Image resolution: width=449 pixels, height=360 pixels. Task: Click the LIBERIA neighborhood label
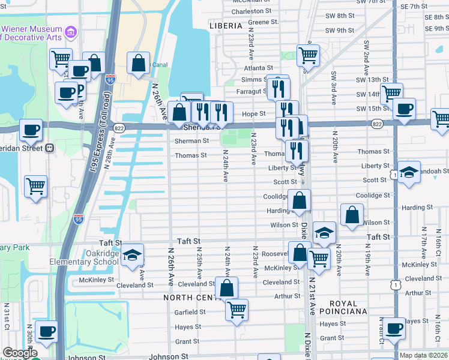pyautogui.click(x=226, y=26)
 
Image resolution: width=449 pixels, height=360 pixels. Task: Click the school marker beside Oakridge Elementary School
pyautogui.click(x=132, y=255)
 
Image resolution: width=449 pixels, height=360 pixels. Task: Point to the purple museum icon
pyautogui.click(x=71, y=31)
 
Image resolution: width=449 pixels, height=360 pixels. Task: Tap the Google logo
pyautogui.click(x=20, y=353)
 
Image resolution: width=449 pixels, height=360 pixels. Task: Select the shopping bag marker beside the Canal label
pyautogui.click(x=138, y=62)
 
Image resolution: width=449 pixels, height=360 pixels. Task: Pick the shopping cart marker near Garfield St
pyautogui.click(x=237, y=310)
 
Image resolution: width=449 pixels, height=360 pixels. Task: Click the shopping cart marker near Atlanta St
pyautogui.click(x=307, y=55)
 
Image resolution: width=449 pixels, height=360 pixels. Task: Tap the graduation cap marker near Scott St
pyautogui.click(x=408, y=172)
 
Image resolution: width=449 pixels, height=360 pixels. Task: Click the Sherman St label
pyautogui.click(x=191, y=141)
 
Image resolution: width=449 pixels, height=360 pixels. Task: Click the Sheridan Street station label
pyautogui.click(x=22, y=148)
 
